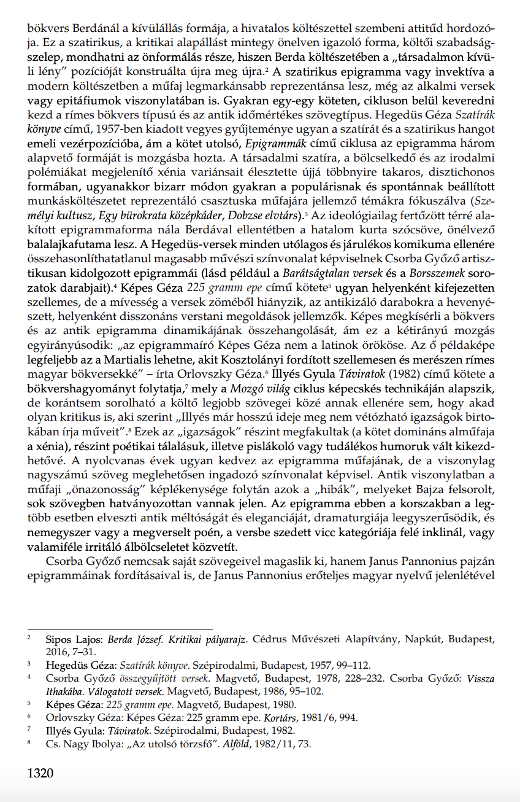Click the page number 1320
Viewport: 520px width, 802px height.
40,773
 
